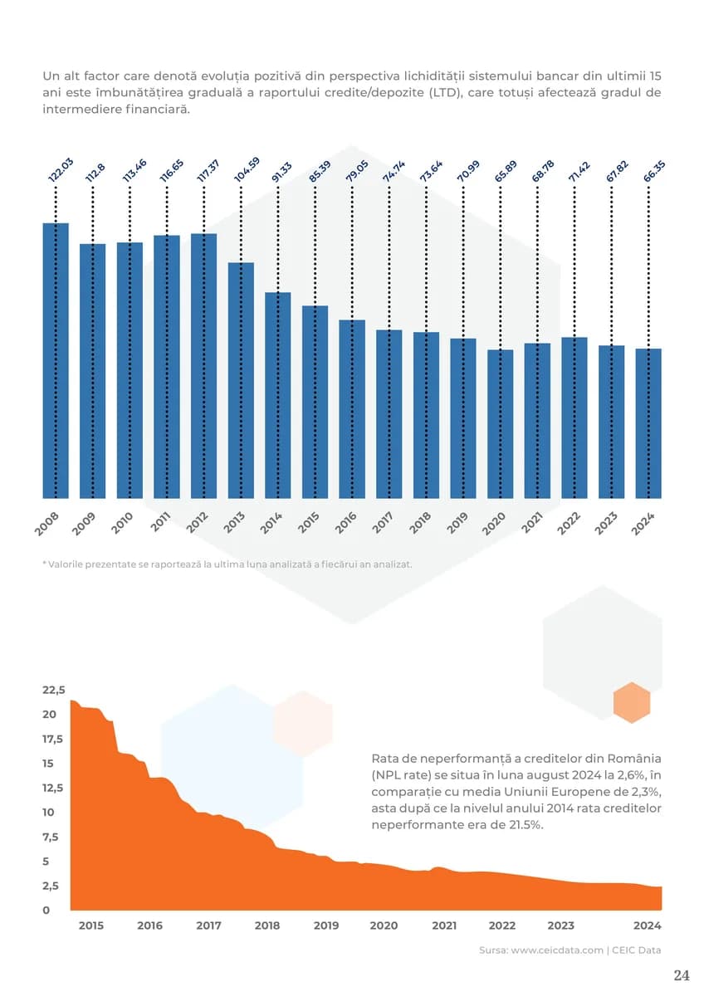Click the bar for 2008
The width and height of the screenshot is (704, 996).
point(56,361)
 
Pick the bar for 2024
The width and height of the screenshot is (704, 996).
point(648,423)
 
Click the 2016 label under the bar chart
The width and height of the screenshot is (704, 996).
point(345,522)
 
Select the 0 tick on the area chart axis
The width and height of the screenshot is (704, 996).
point(46,910)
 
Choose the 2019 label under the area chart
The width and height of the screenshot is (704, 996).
point(326,925)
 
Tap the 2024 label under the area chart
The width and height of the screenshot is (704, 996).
point(647,925)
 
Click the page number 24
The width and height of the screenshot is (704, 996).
point(681,975)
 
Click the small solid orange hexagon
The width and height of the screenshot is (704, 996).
point(632,703)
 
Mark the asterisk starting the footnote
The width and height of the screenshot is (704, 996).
point(44,564)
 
